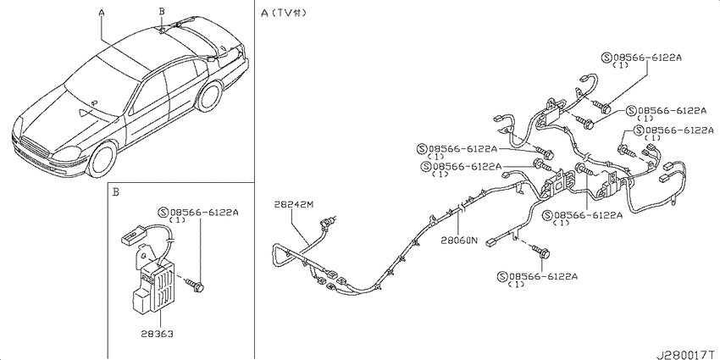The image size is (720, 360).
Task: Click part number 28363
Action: (x=157, y=334)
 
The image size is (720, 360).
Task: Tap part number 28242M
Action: (x=294, y=204)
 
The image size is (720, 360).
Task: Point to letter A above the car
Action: (x=102, y=14)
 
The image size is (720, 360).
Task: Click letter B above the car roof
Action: (x=162, y=10)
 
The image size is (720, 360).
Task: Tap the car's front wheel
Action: (x=102, y=159)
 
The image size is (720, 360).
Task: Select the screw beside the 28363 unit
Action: (x=196, y=285)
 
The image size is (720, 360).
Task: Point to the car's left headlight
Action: (x=66, y=154)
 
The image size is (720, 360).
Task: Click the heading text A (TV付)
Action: (x=283, y=13)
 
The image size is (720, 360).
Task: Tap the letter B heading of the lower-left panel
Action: (x=116, y=192)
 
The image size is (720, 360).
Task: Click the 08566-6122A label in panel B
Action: (x=198, y=213)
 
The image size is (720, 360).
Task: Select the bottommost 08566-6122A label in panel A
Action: (x=537, y=276)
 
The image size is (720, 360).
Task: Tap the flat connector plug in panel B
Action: (x=132, y=236)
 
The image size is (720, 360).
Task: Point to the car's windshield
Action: (x=99, y=86)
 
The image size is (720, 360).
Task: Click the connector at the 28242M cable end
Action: (x=328, y=222)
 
